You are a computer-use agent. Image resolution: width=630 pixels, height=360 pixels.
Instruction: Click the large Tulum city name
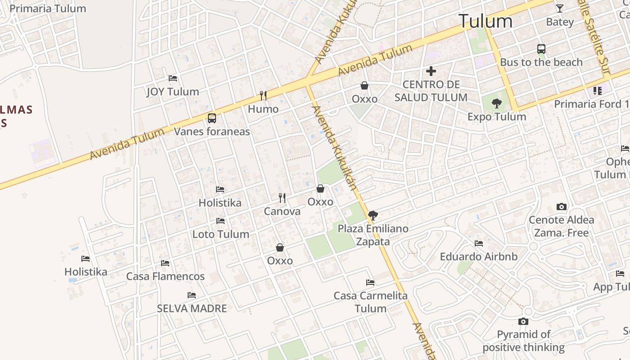coord(485,21)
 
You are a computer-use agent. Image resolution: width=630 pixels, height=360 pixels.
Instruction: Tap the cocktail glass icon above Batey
coord(559,8)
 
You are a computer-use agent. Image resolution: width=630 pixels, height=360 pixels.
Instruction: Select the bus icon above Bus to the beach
coord(541,49)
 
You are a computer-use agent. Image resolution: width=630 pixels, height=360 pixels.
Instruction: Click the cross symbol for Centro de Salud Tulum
coord(431,71)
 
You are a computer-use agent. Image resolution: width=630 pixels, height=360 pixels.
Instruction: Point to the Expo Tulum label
coord(496,117)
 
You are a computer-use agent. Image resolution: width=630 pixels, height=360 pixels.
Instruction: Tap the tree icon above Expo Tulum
coord(496,103)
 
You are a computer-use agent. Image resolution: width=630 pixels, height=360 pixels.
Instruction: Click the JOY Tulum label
coord(173,92)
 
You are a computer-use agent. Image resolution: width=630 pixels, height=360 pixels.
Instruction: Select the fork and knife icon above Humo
coord(263,95)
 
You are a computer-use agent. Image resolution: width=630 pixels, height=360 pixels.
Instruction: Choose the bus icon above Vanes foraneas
coord(212,118)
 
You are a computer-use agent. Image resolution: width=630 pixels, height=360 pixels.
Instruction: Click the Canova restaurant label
coord(282,211)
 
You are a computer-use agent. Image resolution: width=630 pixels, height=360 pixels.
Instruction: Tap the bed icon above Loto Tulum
coord(220,221)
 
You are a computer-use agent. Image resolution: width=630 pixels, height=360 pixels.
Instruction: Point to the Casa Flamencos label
coord(165,276)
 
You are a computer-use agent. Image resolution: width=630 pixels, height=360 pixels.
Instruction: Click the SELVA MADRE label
coord(192,309)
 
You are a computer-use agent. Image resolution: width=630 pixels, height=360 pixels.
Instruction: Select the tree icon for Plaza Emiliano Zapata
coord(373,215)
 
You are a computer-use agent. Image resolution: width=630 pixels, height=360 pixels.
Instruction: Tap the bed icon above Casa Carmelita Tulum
coord(370,283)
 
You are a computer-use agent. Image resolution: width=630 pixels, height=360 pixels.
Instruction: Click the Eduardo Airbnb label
coord(478,256)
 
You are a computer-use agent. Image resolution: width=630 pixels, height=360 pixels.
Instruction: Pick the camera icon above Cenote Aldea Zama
coord(561,207)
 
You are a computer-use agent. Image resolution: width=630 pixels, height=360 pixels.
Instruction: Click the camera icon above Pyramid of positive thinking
coord(523,321)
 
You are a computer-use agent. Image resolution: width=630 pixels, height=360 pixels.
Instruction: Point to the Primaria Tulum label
coord(48,8)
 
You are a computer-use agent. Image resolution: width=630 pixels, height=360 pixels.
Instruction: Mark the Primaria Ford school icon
coord(598,91)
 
